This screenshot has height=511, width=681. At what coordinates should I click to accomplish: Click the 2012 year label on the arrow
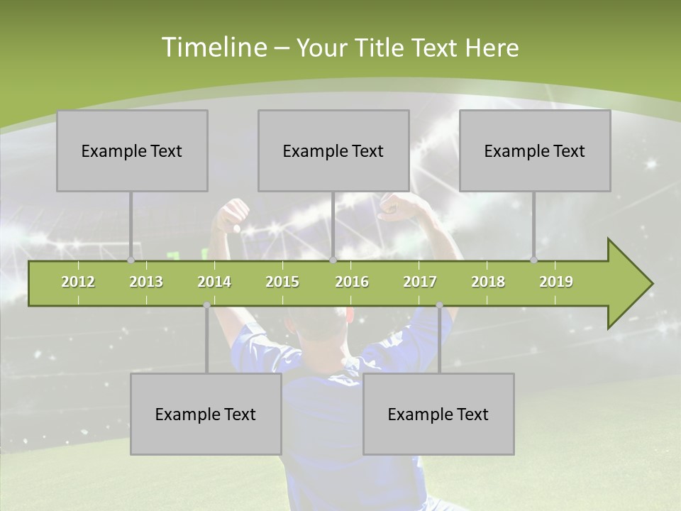point(78,282)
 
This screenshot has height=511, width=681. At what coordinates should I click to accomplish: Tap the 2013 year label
point(146,282)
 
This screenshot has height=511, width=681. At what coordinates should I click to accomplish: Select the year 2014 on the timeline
point(214,282)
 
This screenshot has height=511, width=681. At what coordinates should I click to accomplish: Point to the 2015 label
point(282,282)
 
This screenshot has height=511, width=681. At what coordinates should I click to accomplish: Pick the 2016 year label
point(352,282)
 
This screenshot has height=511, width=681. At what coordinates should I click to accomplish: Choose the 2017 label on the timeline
point(420,282)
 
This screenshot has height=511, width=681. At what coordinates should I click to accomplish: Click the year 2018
point(488,282)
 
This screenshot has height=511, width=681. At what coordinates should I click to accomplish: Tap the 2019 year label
point(556,282)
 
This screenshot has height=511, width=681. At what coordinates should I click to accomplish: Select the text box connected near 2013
point(132,150)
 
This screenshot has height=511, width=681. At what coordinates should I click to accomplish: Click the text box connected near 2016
point(333,150)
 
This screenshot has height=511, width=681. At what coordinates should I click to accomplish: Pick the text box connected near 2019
point(535,150)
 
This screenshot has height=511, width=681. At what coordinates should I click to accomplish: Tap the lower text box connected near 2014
point(206,414)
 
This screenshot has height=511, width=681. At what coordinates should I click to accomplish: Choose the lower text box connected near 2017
point(438,414)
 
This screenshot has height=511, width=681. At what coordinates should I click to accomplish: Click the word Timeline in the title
point(213,48)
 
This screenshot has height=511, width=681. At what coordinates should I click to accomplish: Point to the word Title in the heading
point(381,48)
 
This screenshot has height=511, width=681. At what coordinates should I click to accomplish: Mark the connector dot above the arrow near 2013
point(131,260)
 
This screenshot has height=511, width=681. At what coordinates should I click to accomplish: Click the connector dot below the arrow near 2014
point(206,305)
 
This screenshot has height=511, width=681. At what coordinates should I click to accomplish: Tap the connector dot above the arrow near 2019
point(534,260)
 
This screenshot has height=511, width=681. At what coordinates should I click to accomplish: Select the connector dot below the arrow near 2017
point(439,305)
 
